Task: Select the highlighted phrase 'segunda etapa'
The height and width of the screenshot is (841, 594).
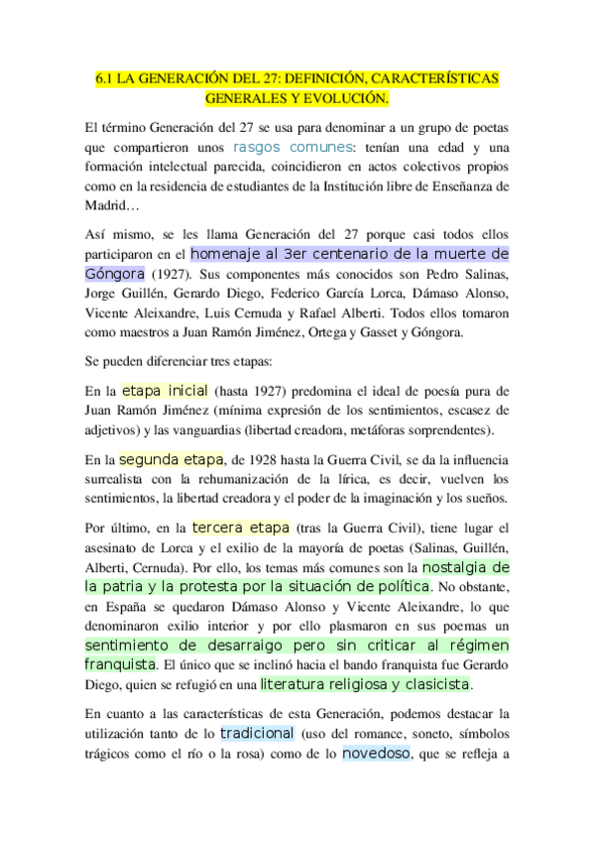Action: click(171, 460)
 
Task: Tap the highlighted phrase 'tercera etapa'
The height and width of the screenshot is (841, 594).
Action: click(241, 528)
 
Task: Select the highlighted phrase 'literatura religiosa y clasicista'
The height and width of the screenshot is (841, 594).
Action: click(365, 684)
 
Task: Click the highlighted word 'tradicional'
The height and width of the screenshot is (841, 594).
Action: click(257, 733)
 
